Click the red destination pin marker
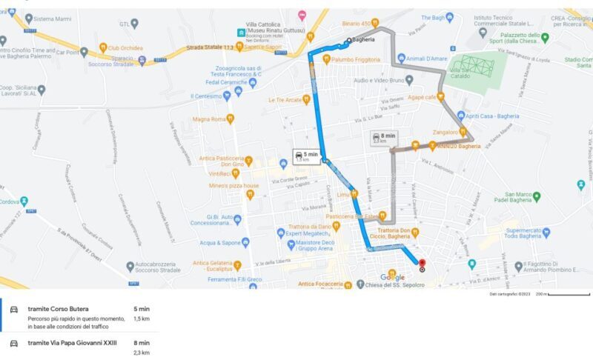click(x=422, y=263)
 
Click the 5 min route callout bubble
click(x=306, y=156)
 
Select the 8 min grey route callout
click(x=384, y=139)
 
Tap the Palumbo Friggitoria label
click(x=356, y=59)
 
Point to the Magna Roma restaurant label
click(x=209, y=119)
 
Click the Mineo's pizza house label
click(x=233, y=185)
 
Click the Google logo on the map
click(x=392, y=277)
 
